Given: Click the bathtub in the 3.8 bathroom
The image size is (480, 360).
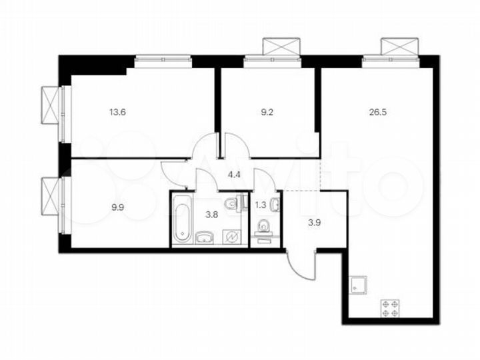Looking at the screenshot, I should pyautogui.click(x=182, y=218).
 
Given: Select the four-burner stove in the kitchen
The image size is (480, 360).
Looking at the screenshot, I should pyautogui.click(x=389, y=309).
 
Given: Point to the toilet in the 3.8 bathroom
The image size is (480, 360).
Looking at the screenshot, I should pyautogui.click(x=231, y=203).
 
